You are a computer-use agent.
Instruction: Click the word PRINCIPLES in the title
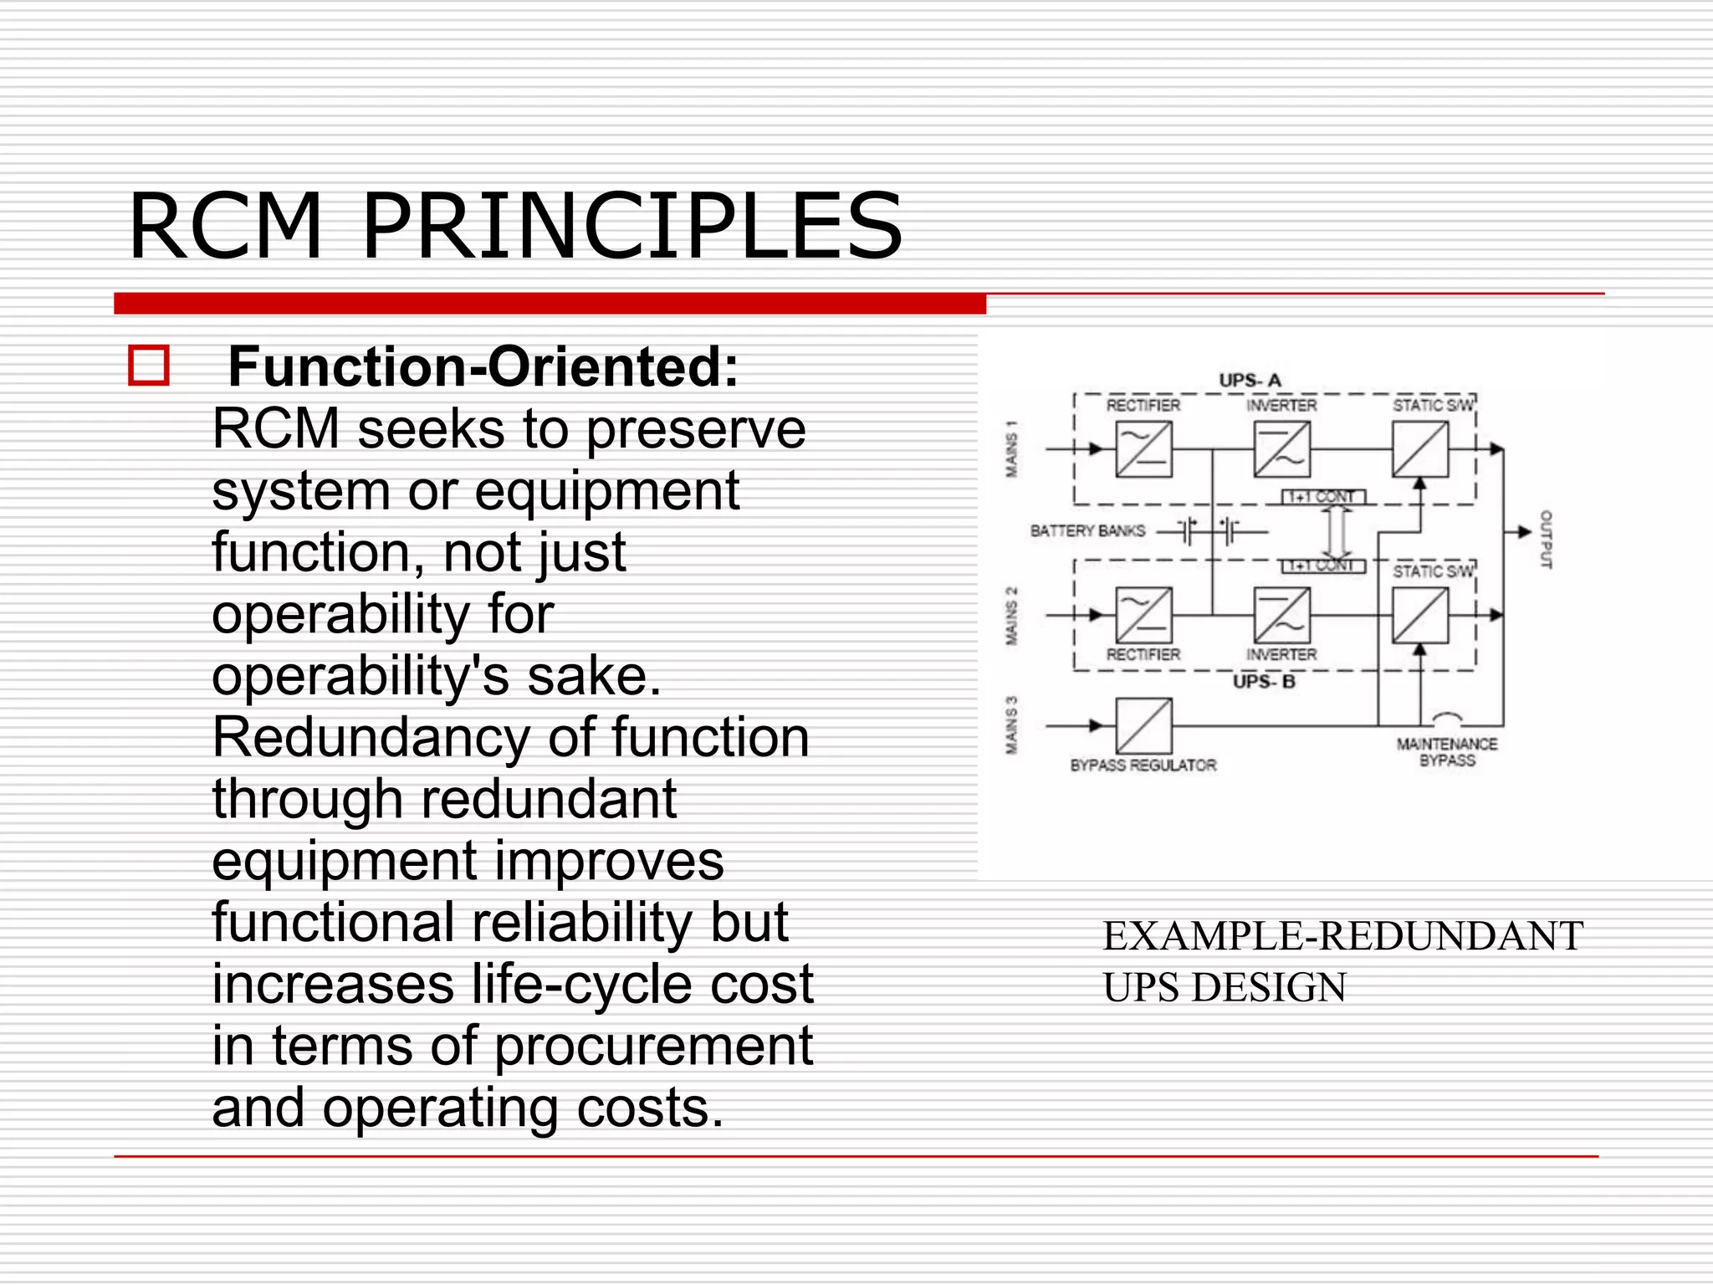coord(632,226)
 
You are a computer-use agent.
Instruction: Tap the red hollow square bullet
coord(149,366)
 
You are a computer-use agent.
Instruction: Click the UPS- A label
coord(1250,381)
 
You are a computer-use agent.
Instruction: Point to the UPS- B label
coord(1264,682)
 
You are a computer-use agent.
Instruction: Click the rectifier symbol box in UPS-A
coord(1143,450)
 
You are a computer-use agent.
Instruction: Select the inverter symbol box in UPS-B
coord(1281,616)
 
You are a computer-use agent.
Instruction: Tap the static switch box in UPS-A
coord(1419,450)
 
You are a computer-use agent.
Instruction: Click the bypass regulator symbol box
coord(1143,726)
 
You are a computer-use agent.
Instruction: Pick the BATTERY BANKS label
coord(1087,531)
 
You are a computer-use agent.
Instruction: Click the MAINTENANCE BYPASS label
coord(1447,752)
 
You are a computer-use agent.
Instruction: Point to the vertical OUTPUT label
coord(1546,540)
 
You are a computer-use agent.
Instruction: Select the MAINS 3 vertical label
coord(1012,725)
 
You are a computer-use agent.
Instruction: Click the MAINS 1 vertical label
coord(1012,450)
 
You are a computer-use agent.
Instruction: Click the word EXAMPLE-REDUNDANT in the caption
coord(1342,936)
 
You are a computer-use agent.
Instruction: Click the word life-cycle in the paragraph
coord(571,984)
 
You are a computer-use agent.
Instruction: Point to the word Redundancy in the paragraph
coord(371,738)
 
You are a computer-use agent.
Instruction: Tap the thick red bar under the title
coord(550,304)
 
